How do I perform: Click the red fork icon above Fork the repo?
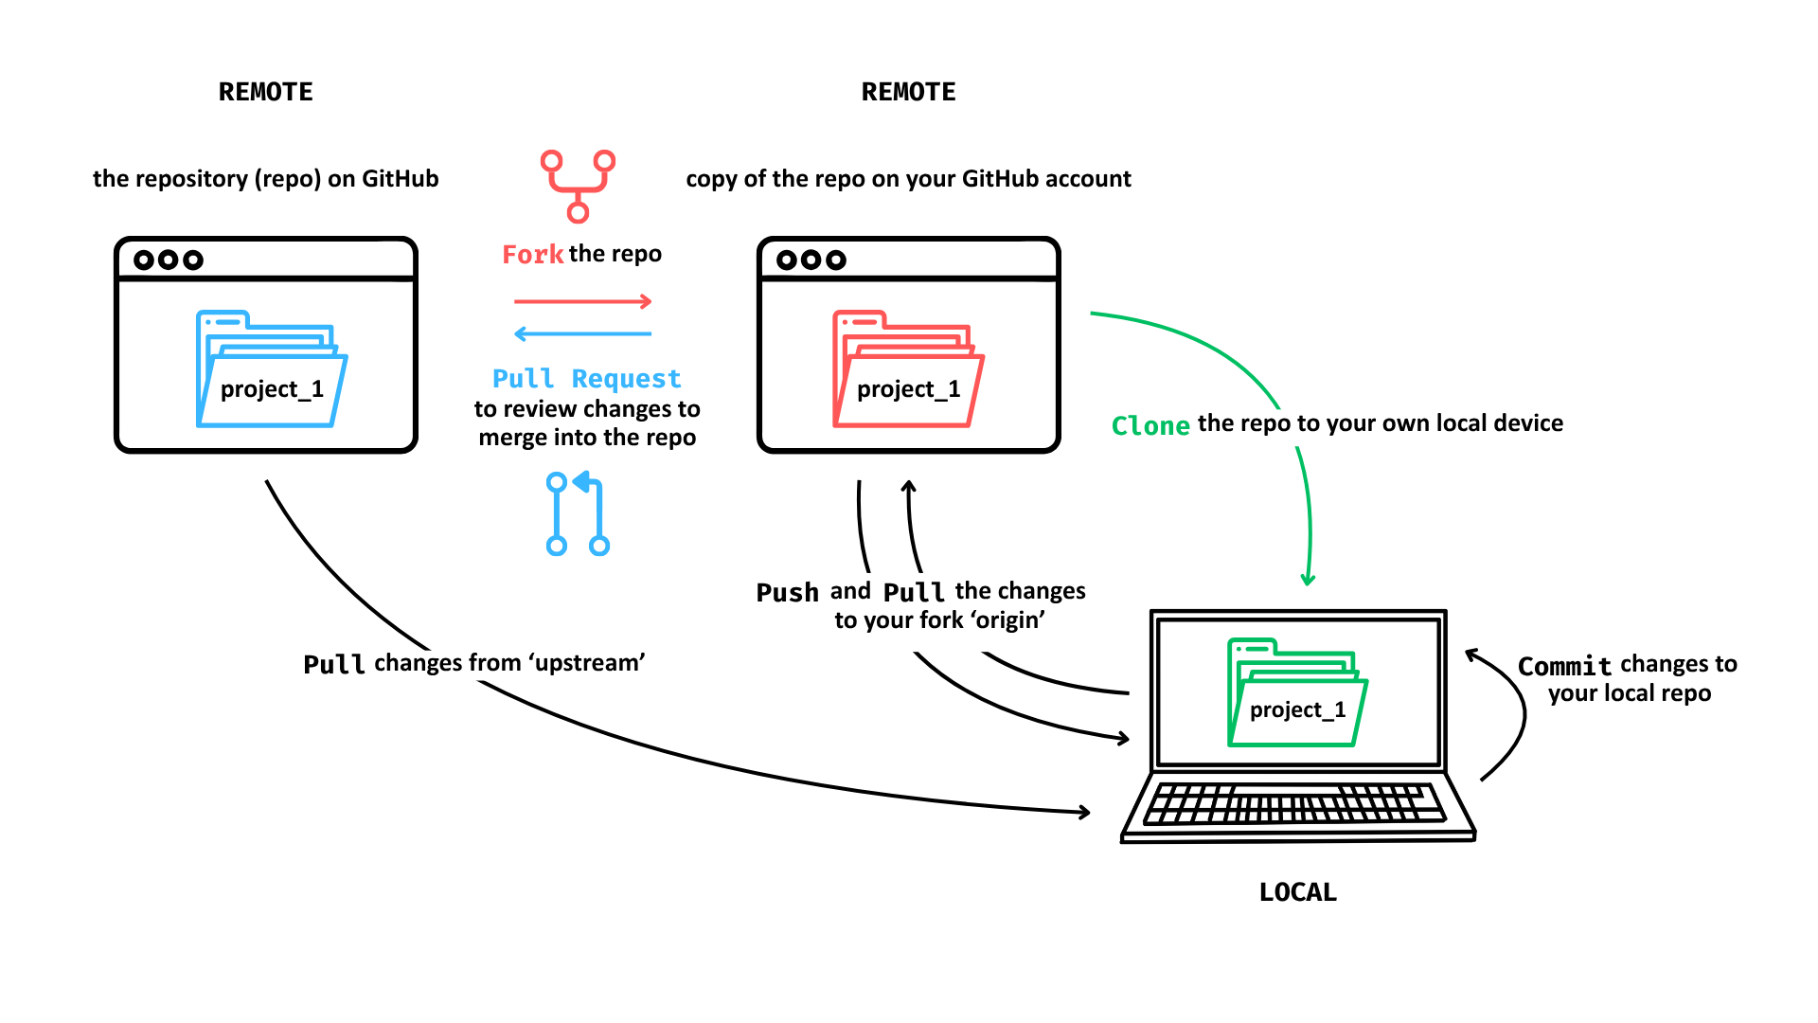pos(578,186)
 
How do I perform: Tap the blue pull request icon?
pos(578,513)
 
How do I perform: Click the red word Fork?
pos(532,255)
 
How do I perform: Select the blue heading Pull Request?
pos(586,379)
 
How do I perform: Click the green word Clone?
pos(1150,425)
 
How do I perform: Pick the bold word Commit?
pos(1563,666)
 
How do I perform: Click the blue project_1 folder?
pos(271,370)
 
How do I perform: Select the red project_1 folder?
pos(907,370)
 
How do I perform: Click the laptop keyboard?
pos(1294,804)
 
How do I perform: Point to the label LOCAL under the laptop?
pos(1297,892)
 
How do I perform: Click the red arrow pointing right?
pos(582,302)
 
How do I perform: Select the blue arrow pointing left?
pos(582,333)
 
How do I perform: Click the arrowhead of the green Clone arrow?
pos(1308,580)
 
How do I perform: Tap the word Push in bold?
pos(787,593)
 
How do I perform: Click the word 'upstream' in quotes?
pos(587,663)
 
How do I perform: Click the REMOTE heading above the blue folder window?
pos(265,92)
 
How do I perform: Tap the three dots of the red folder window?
pos(811,260)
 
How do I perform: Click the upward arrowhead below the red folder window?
pos(908,487)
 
